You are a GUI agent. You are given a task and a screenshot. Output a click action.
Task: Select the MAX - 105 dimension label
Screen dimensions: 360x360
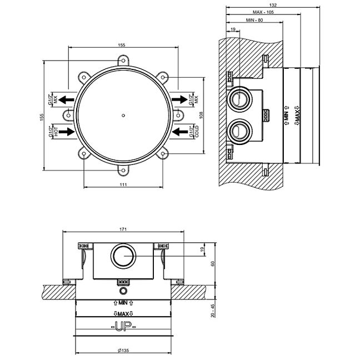267,12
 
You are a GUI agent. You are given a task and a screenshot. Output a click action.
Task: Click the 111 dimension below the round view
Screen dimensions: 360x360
123,184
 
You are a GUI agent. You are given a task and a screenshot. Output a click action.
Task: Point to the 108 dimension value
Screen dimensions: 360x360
202,115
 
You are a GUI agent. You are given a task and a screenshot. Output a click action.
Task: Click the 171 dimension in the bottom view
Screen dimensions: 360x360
123,228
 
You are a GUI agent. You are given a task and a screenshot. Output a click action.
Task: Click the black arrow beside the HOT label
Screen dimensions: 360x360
67,132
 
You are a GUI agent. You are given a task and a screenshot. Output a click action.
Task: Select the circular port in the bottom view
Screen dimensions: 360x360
123,256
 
